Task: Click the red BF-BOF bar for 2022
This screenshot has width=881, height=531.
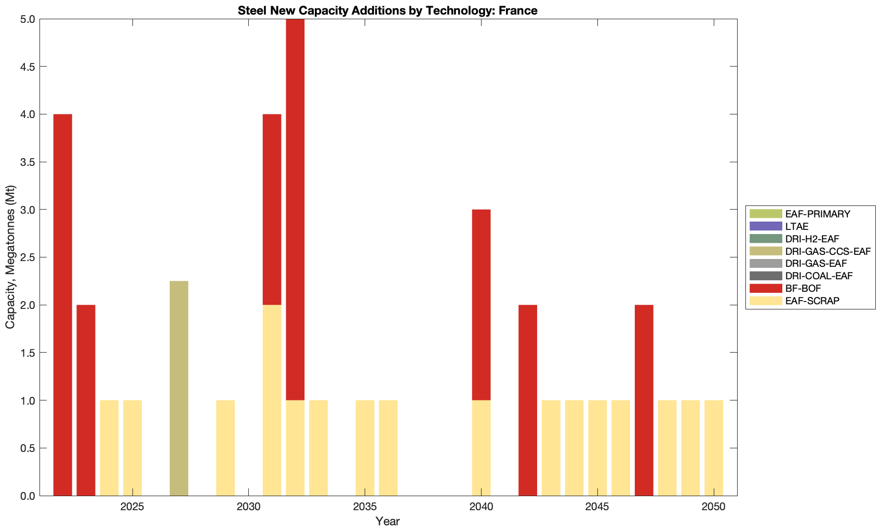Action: [x=62, y=305]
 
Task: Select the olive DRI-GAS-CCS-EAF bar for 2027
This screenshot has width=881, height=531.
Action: [x=179, y=388]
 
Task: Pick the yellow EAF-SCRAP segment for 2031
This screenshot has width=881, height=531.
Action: [x=272, y=400]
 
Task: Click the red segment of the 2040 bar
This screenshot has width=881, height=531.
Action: [x=481, y=305]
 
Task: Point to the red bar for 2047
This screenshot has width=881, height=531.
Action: [x=644, y=400]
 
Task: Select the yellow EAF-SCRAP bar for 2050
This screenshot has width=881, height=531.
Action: [x=714, y=448]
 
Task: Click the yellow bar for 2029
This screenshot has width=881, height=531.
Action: [x=225, y=448]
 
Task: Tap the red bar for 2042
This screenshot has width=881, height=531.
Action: [x=528, y=400]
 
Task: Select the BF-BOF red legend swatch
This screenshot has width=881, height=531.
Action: [x=765, y=288]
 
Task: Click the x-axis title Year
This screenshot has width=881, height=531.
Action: [x=388, y=521]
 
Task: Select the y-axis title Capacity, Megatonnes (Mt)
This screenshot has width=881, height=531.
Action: [x=10, y=257]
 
